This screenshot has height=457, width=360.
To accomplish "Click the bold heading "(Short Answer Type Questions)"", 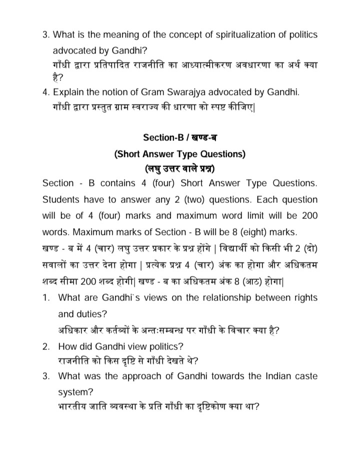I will (x=179, y=154).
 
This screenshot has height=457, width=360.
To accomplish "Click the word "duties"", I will (x=89, y=314).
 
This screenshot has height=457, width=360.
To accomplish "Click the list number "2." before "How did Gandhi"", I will (x=46, y=346).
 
